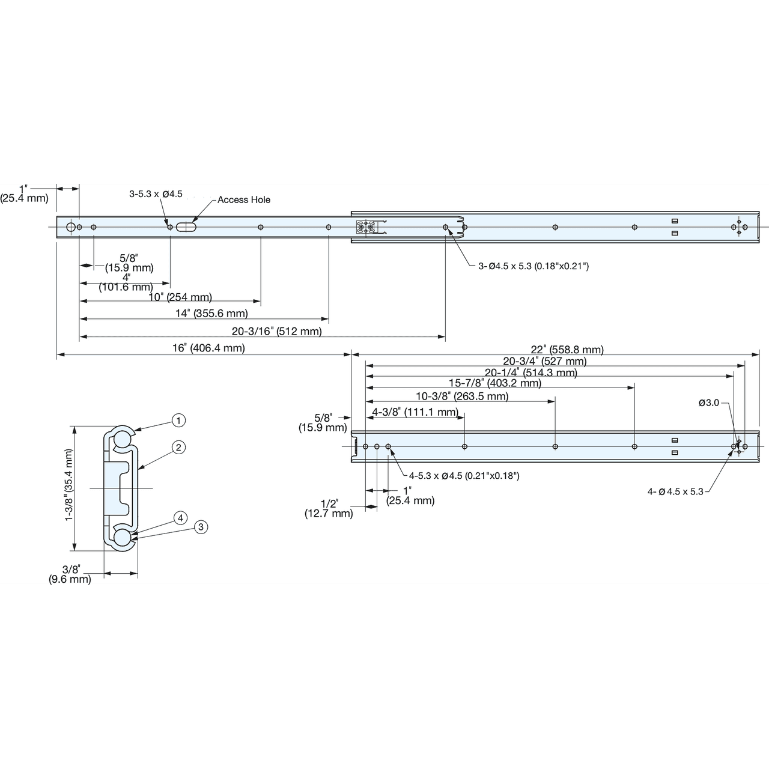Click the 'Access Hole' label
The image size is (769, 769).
click(244, 199)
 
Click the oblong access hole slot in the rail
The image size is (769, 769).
click(186, 227)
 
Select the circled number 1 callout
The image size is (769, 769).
click(178, 420)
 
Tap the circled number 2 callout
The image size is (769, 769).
click(178, 448)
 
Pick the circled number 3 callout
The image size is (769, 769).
click(201, 527)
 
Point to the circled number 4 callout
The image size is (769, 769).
click(181, 518)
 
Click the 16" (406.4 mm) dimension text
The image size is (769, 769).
click(208, 348)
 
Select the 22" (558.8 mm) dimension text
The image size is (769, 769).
click(567, 350)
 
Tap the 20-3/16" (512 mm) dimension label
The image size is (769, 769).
click(277, 331)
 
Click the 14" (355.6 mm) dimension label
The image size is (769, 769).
click(212, 313)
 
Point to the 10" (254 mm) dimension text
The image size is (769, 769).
click(180, 297)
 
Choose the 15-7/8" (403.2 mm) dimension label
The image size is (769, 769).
click(495, 383)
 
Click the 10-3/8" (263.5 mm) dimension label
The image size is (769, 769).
click(463, 397)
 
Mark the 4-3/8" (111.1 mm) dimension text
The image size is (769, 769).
click(415, 412)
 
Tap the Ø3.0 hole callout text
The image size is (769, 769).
click(709, 403)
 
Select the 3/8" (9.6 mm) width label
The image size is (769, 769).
click(70, 574)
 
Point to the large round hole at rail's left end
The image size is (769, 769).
click(71, 227)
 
